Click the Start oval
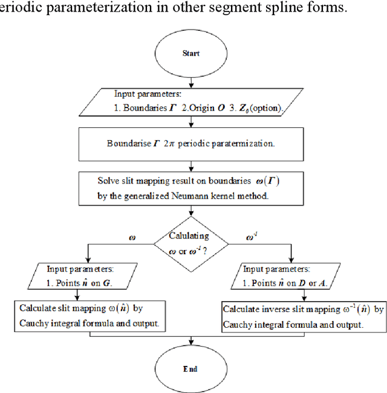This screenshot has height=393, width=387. pyautogui.click(x=191, y=54)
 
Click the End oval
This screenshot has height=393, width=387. pyautogui.click(x=191, y=368)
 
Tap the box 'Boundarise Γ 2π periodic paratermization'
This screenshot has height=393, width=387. pyautogui.click(x=191, y=144)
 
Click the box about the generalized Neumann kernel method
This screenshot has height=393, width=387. pyautogui.click(x=191, y=188)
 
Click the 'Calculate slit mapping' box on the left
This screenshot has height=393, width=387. pyautogui.click(x=88, y=316)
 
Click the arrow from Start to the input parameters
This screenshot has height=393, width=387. pyautogui.click(x=191, y=81)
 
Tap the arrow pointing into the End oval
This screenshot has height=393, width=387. pyautogui.click(x=191, y=344)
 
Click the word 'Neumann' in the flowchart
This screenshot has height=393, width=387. pyautogui.click(x=187, y=196)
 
